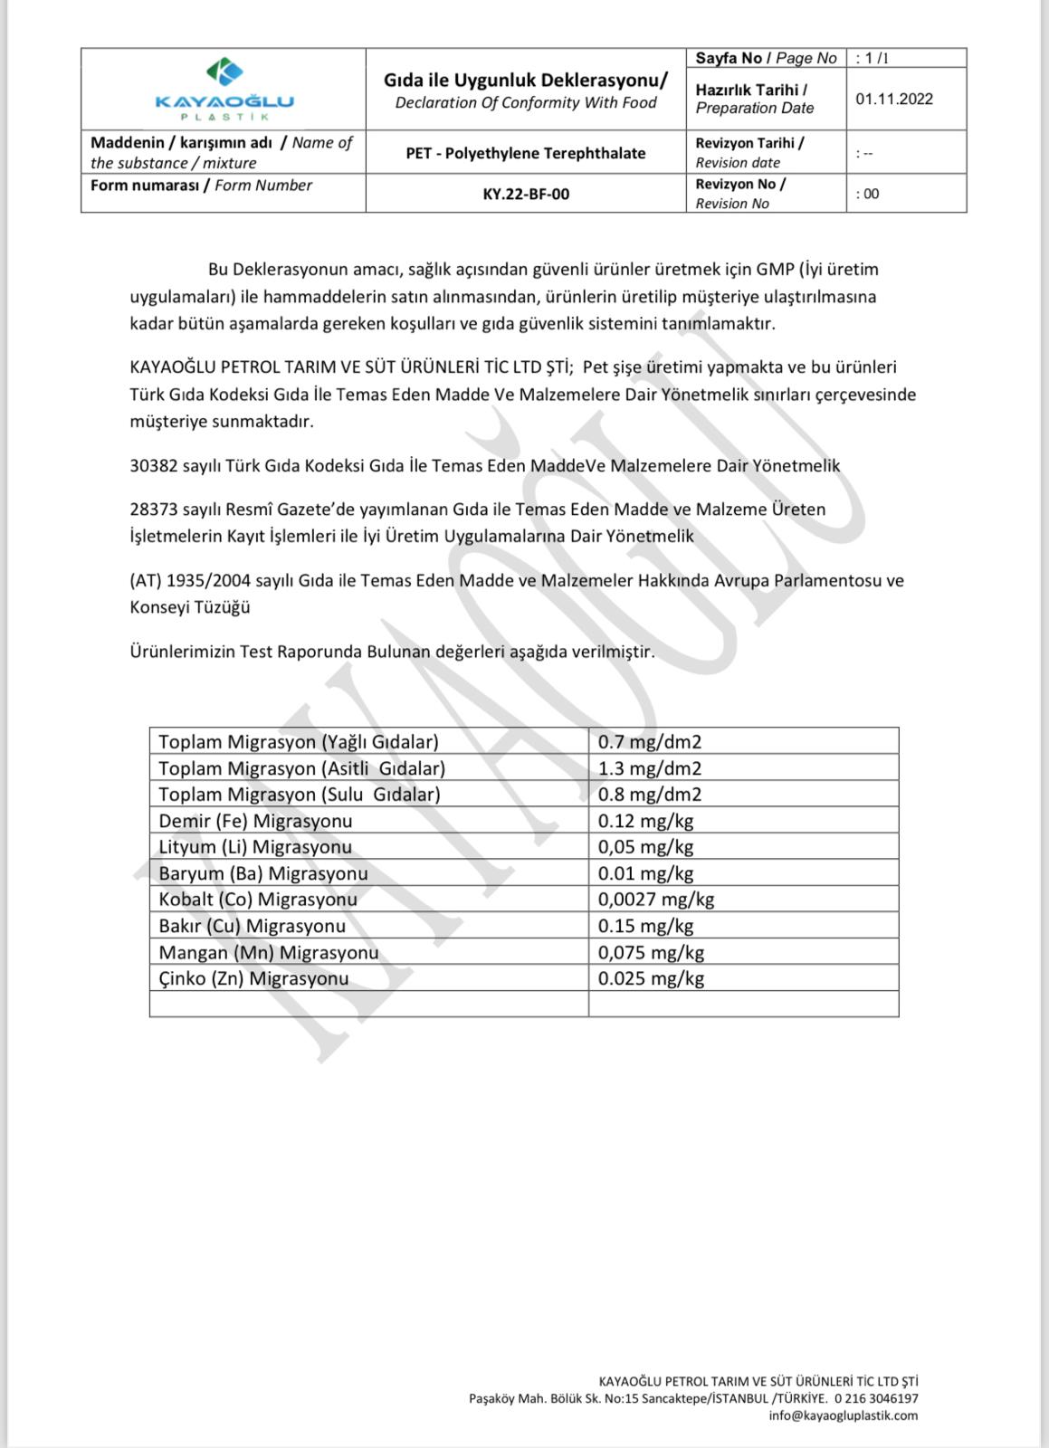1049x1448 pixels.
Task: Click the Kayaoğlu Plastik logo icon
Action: [224, 72]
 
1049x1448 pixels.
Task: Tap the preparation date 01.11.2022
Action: [893, 99]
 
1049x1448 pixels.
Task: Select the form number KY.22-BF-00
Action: [526, 194]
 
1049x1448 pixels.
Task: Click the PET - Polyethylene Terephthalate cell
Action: [526, 153]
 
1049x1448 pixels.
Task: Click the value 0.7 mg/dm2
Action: [650, 742]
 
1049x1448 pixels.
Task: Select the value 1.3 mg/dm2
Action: [650, 768]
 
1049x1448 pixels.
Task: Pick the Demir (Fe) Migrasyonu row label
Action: [255, 821]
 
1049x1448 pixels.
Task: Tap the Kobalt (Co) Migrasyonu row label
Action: [258, 900]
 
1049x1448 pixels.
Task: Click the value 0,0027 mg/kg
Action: [656, 900]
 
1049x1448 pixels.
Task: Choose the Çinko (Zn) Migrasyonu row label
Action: [253, 978]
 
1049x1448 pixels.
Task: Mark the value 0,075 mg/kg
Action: [651, 952]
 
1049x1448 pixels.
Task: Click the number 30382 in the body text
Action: [154, 466]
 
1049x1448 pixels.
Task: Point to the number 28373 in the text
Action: [154, 510]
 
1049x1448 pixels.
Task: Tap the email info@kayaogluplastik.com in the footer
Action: [843, 1415]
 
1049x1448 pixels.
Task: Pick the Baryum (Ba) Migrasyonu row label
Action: [263, 873]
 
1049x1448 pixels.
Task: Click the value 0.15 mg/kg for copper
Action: [645, 926]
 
